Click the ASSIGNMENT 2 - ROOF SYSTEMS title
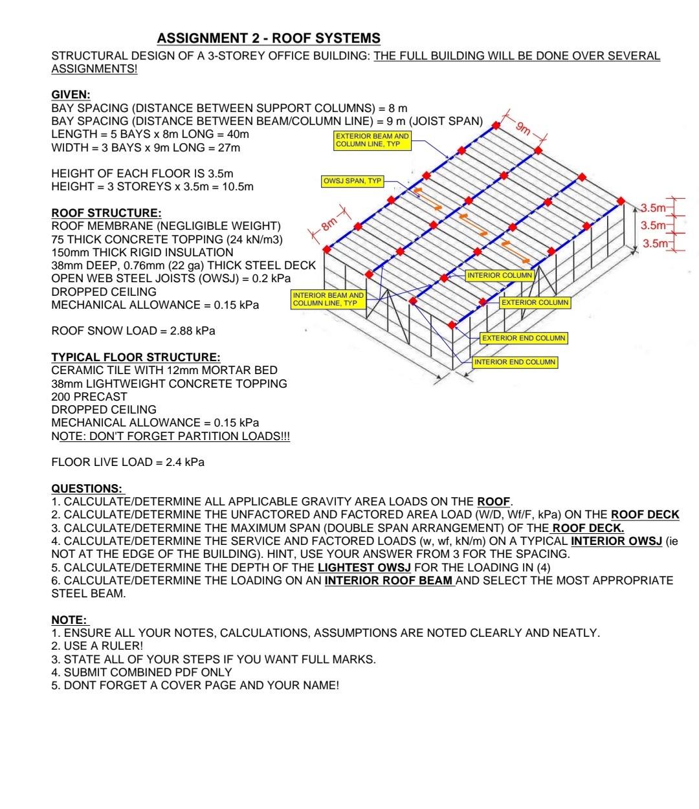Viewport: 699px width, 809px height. click(x=269, y=38)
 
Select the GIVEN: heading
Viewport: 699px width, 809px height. click(x=71, y=94)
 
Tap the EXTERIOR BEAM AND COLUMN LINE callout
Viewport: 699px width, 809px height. click(x=372, y=140)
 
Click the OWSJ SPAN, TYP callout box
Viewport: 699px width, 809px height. click(x=353, y=181)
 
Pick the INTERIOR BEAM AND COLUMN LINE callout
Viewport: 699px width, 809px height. click(x=328, y=299)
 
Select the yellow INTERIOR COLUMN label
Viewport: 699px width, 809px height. click(x=500, y=275)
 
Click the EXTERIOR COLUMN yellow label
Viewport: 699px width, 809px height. click(x=535, y=302)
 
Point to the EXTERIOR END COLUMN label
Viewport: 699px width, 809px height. click(x=524, y=338)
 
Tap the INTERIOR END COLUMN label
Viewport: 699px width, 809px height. click(x=515, y=362)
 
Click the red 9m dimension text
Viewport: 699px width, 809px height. click(x=523, y=127)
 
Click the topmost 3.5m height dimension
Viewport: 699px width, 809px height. click(x=652, y=208)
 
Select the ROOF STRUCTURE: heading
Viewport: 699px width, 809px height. click(x=106, y=213)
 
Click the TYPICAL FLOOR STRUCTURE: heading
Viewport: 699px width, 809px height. click(x=135, y=357)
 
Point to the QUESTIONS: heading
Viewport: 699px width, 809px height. click(x=87, y=489)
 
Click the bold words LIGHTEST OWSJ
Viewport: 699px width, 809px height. click(x=364, y=568)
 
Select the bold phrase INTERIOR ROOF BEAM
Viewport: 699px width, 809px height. click(x=388, y=581)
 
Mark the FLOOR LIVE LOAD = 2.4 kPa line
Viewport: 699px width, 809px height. click(x=128, y=462)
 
